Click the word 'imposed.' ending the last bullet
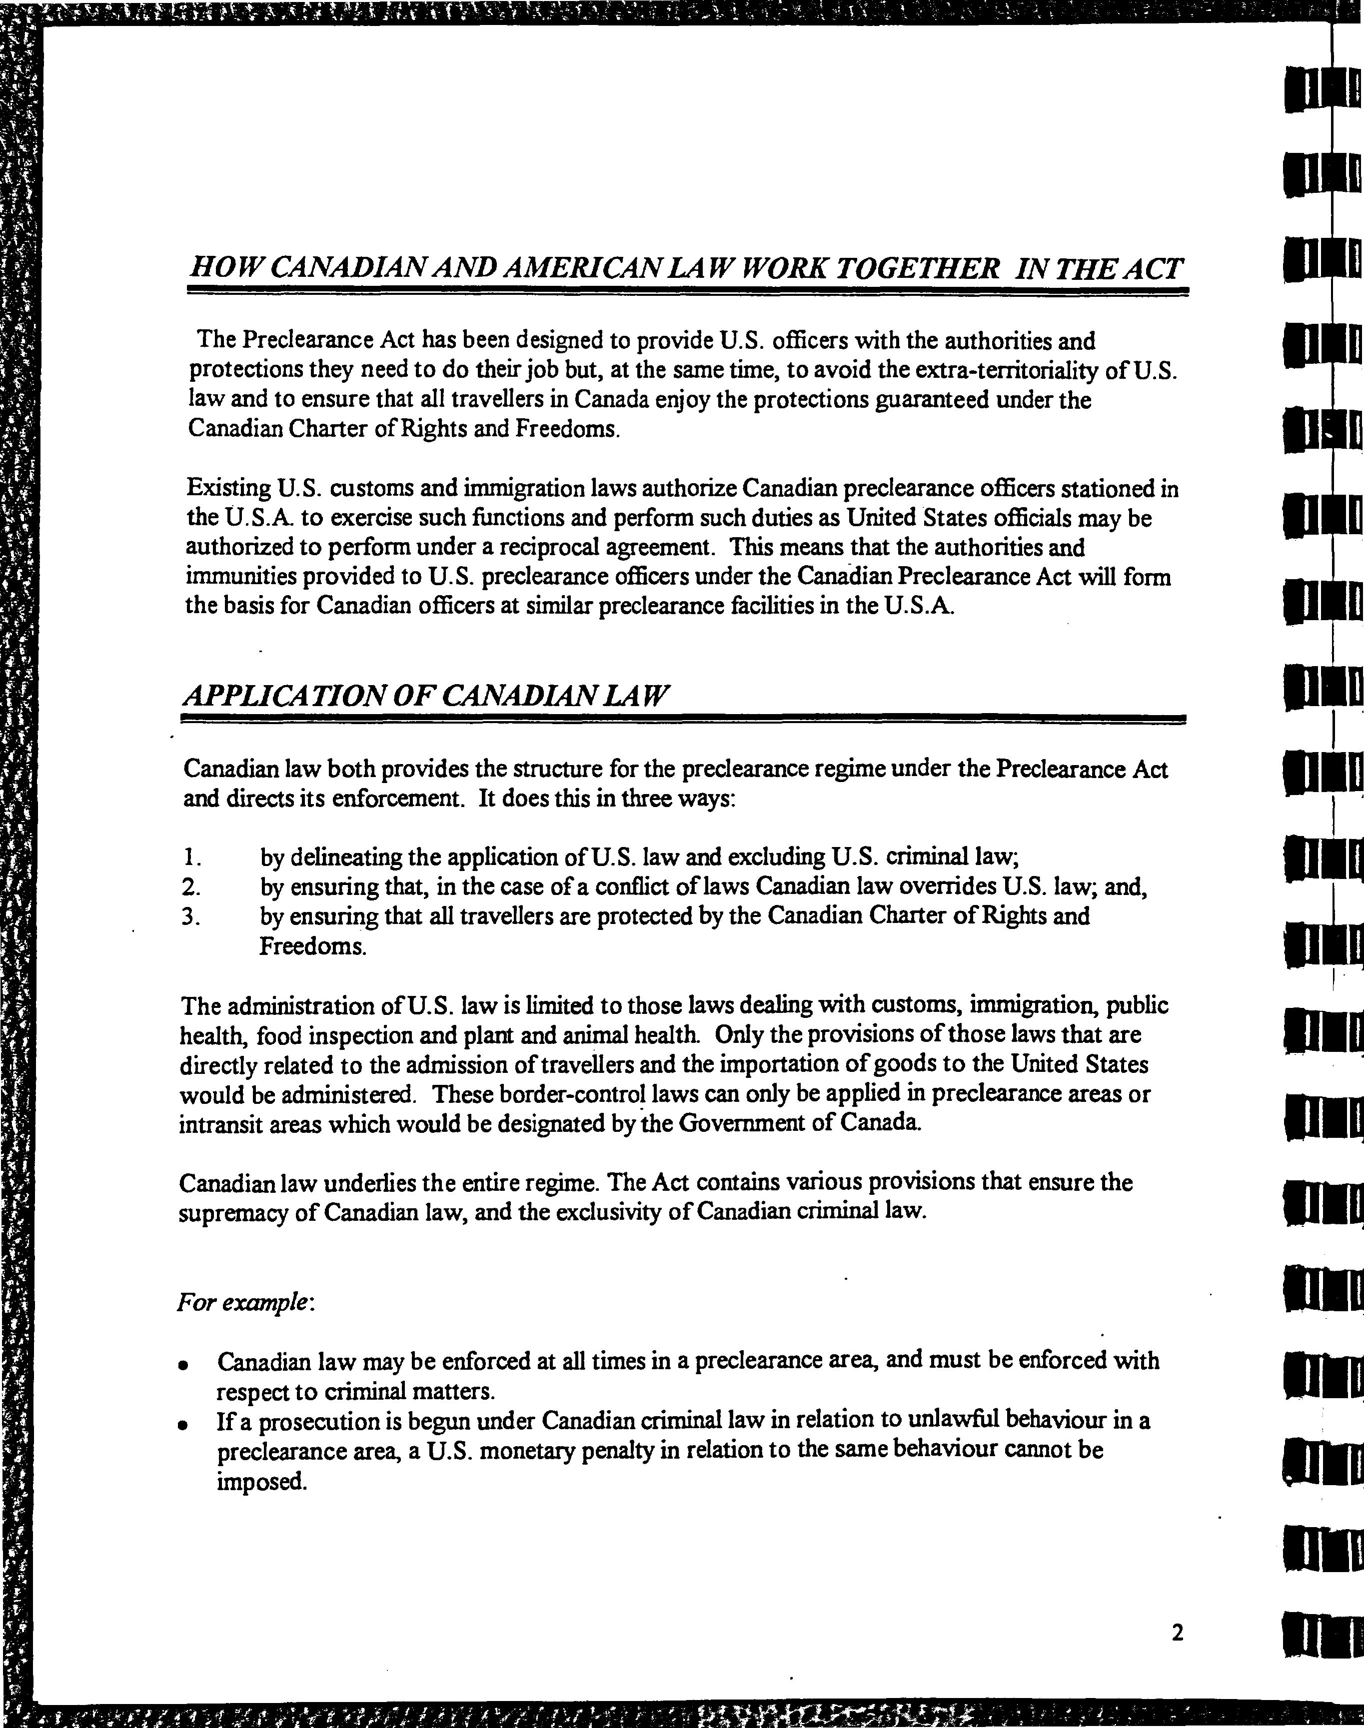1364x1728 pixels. [262, 1482]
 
